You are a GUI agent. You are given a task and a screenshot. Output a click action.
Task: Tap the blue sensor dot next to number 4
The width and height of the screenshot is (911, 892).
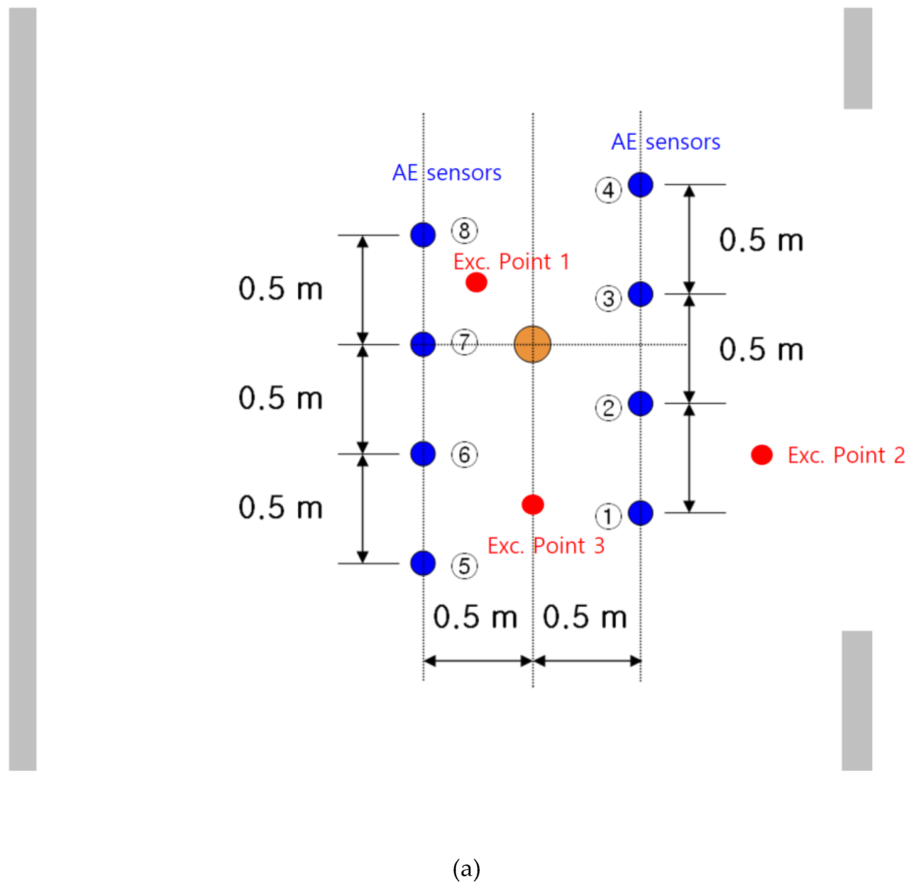click(x=640, y=185)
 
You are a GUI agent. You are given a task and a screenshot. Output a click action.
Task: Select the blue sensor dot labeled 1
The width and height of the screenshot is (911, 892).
click(x=640, y=513)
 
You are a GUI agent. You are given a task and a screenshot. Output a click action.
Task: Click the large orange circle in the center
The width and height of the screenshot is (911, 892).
click(x=532, y=344)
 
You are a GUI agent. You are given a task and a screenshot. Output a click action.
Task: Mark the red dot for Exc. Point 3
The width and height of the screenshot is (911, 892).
click(x=532, y=505)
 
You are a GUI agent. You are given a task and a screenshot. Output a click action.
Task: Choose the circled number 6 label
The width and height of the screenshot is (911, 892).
click(x=464, y=455)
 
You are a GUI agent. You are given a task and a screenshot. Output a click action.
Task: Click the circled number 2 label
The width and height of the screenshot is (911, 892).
click(x=608, y=408)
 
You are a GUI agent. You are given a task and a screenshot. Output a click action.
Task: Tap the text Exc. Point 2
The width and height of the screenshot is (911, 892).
click(x=846, y=455)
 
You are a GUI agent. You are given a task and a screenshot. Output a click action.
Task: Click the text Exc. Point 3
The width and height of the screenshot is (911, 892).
click(x=546, y=546)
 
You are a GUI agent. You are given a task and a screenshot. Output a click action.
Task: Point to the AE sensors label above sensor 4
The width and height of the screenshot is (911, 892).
click(x=666, y=142)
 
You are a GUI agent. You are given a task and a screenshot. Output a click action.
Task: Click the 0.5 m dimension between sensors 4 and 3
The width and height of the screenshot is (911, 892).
click(x=761, y=240)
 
